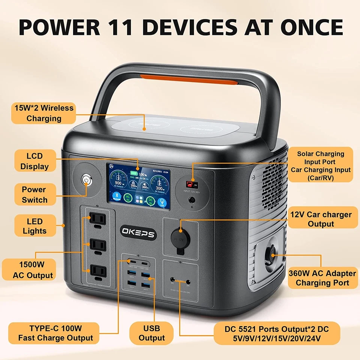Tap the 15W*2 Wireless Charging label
[44, 113]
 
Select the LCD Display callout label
[34, 161]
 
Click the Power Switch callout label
[34, 195]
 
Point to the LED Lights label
[34, 226]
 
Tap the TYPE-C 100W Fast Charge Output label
[55, 333]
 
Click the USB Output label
[151, 333]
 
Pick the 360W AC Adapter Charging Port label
[322, 278]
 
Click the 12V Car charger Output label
[321, 219]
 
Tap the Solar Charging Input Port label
[321, 166]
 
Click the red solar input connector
[192, 184]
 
